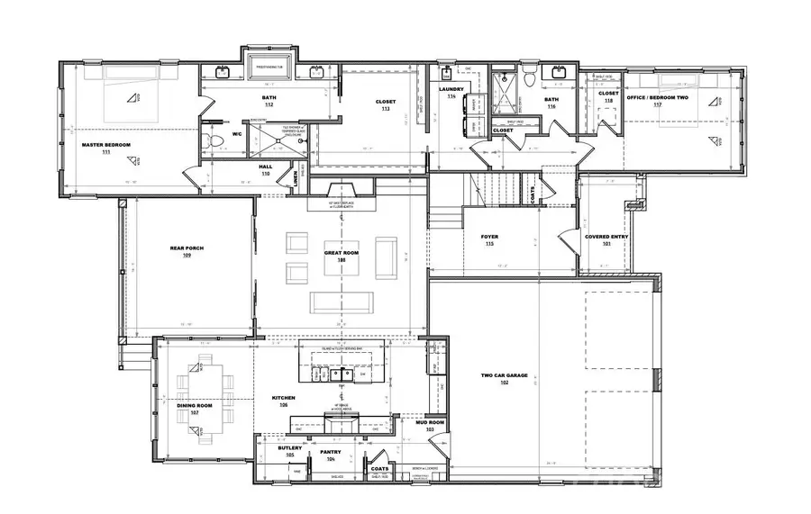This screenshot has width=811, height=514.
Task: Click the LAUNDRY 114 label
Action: point(451,92)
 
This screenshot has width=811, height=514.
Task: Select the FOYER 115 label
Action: point(490,239)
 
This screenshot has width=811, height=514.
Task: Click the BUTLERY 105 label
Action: point(289,451)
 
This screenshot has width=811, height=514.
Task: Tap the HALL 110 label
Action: point(266,168)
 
